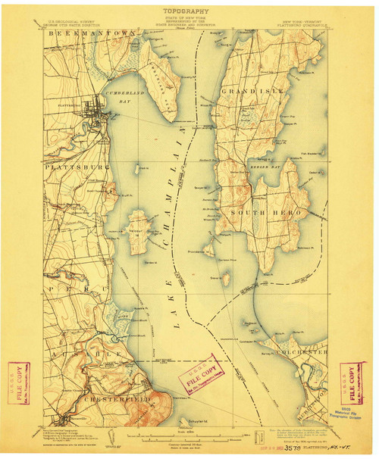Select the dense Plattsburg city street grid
point(97,109)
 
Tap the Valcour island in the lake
point(137,230)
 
